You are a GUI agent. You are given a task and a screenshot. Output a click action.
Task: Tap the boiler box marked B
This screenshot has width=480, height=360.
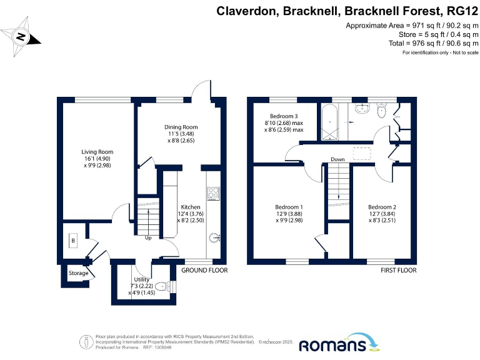pos(72,240)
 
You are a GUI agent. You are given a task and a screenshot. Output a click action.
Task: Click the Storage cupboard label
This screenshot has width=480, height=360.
pos(78,273)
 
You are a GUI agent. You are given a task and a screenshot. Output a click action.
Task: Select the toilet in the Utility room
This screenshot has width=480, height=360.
pos(165,287)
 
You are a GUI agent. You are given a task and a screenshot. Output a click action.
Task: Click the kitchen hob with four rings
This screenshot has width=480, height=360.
pos(212,193)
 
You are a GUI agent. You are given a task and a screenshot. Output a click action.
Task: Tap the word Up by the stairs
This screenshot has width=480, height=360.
pos(149,237)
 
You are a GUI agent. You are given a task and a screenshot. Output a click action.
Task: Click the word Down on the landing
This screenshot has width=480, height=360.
pos(338,159)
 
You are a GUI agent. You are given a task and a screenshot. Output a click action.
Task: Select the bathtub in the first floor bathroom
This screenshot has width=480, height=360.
pos(330,122)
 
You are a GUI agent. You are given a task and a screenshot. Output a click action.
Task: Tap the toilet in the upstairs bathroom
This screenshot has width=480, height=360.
pos(381,111)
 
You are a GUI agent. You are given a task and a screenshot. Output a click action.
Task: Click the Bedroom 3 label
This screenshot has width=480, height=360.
pos(284,116)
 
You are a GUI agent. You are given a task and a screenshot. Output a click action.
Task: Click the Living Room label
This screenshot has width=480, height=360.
pos(97,151)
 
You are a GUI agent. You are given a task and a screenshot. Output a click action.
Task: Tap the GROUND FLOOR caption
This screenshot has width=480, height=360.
pos(204,270)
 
